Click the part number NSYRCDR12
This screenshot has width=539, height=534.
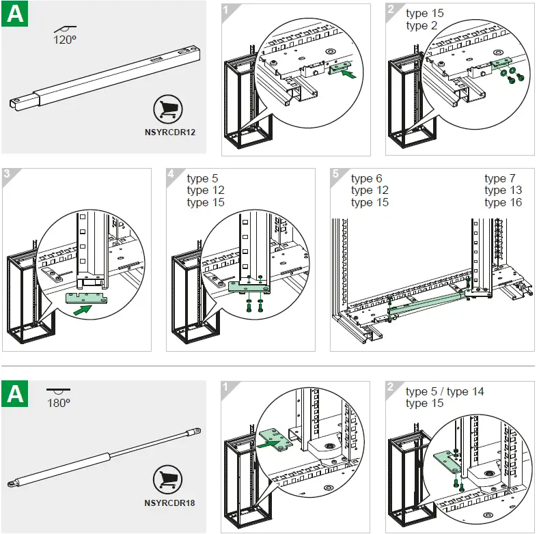(171, 132)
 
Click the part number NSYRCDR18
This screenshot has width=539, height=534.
(171, 503)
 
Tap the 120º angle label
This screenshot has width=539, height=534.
(65, 40)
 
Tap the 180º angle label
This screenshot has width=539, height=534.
(59, 403)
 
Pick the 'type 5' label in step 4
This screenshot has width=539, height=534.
(202, 179)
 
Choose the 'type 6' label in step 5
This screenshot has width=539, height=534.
(367, 179)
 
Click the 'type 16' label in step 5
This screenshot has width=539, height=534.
(503, 202)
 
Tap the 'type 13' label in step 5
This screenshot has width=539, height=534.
(503, 191)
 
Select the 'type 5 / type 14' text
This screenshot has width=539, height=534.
(445, 392)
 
